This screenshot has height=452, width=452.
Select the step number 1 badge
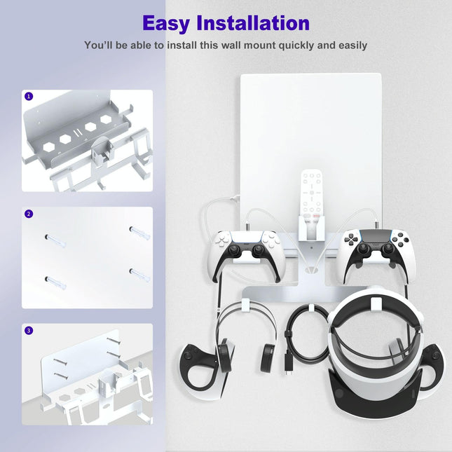(x=29, y=97)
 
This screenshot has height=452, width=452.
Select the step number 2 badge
(x=29, y=213)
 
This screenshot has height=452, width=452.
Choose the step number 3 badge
(x=29, y=330)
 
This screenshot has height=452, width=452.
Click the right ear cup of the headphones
(x=267, y=355)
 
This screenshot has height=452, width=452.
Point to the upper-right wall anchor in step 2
(x=139, y=231)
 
